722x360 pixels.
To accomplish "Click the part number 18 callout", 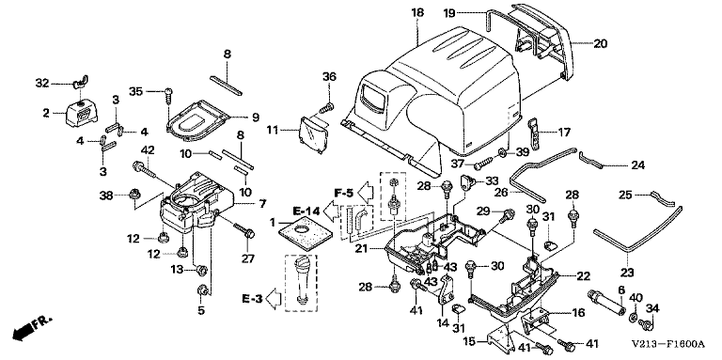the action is [417, 12].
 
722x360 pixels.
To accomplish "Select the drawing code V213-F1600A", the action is [667, 344].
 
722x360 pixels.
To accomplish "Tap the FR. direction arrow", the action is [32, 328].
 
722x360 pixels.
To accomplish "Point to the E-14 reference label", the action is [306, 211].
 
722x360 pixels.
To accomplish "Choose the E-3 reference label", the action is [252, 298].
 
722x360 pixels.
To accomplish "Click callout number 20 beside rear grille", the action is [600, 44].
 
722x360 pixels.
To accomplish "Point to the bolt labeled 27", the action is [244, 229].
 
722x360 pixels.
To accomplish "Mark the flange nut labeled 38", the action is [133, 196].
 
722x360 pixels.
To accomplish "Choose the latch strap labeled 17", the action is [535, 133].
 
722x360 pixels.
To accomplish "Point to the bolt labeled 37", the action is [482, 163].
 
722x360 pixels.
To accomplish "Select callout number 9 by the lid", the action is [256, 117].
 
